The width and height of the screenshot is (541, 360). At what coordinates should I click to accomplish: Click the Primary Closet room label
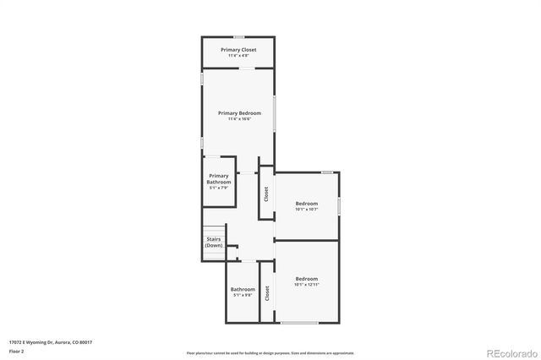tap(238, 50)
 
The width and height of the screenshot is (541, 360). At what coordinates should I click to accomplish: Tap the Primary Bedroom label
tap(239, 112)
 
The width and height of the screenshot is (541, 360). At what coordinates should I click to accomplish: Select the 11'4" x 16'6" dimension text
tap(239, 119)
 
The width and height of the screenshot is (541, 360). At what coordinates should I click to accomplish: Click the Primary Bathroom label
tap(219, 178)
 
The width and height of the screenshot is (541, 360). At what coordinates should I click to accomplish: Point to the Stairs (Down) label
tap(214, 242)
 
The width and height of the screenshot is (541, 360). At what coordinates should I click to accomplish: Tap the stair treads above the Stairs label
tap(214, 231)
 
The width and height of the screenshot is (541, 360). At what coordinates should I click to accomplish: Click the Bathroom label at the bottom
tap(243, 289)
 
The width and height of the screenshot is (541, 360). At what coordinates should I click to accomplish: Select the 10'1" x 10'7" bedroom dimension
tap(307, 210)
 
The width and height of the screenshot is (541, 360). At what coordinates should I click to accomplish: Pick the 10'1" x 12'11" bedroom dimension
tap(307, 285)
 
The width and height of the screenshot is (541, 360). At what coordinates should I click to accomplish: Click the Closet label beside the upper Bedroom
tap(266, 194)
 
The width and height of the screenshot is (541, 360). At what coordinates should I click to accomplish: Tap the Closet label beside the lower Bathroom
tap(267, 293)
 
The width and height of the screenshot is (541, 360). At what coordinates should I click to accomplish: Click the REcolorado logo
tap(509, 352)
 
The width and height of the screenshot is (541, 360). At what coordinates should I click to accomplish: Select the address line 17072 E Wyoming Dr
tap(50, 341)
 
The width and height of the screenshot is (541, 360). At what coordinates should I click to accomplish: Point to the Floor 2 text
tap(16, 350)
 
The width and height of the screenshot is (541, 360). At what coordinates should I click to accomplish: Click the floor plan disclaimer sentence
tap(270, 352)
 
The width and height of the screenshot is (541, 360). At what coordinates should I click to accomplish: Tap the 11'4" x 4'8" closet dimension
tap(238, 57)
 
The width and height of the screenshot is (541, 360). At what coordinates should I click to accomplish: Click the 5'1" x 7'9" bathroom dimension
tap(219, 188)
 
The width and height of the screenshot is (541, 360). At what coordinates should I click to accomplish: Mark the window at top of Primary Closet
tap(239, 36)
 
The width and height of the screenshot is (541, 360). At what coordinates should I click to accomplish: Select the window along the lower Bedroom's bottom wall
tap(300, 323)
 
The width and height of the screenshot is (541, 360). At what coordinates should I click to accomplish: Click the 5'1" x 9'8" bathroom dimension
tap(243, 295)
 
